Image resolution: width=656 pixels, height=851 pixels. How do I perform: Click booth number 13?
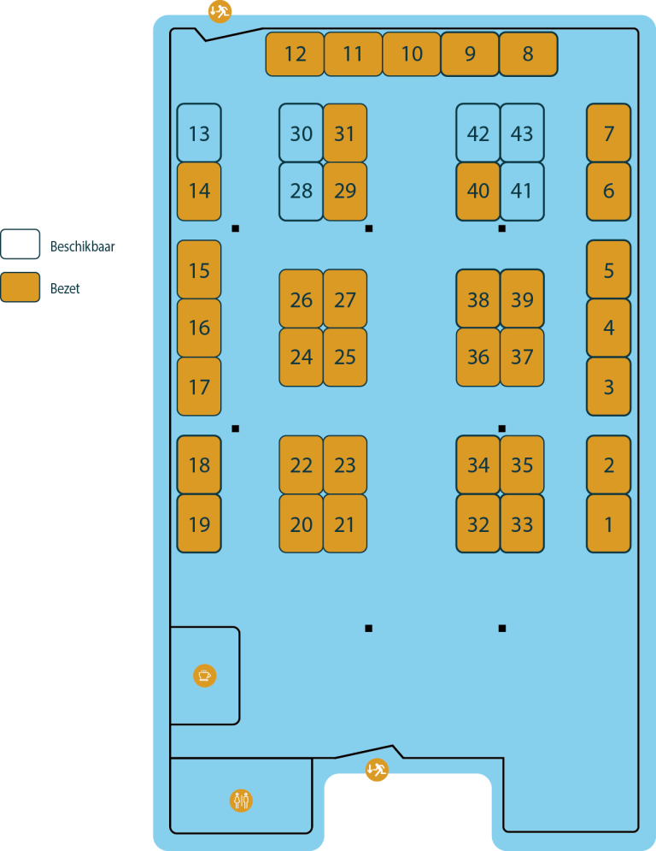point(199,133)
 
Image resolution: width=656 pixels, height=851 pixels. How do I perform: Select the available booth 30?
point(301,133)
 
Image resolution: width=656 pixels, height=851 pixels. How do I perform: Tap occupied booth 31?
point(345,133)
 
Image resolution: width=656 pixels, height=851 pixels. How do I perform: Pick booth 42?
point(477,133)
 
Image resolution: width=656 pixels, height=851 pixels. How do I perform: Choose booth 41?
point(522,192)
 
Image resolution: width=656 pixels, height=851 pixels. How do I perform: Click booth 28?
point(301,192)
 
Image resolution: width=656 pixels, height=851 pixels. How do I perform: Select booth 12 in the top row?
point(295,54)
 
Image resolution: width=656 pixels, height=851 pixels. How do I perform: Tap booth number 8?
point(528,54)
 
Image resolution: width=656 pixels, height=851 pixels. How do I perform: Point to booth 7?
point(608,133)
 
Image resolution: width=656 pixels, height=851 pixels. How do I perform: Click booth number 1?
point(608,523)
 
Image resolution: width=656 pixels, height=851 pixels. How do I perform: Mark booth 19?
point(199,523)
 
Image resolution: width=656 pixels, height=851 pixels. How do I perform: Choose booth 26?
point(301,299)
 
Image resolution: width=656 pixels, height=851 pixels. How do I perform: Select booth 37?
point(522,358)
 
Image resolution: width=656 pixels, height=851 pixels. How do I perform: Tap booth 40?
point(477,192)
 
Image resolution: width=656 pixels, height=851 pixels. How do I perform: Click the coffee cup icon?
point(205,676)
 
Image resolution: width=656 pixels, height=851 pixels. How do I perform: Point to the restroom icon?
point(241,801)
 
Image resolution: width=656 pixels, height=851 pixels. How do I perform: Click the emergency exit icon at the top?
point(220,11)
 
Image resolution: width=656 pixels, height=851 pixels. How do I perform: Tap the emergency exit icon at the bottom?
point(377,770)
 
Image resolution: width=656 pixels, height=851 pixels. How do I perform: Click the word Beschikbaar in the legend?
point(82,246)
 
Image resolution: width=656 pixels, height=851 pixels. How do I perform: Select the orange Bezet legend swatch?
point(20,287)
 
